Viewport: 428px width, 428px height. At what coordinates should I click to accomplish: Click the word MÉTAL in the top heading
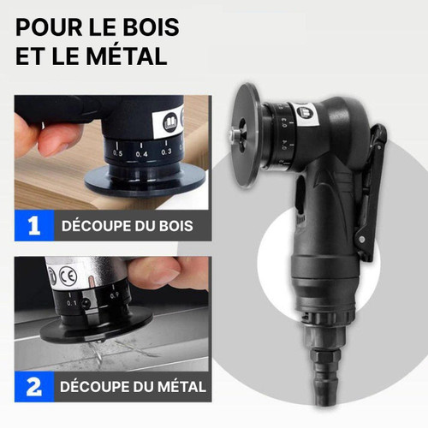[x=127, y=56]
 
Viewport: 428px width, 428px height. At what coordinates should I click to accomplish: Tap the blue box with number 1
[x=34, y=226]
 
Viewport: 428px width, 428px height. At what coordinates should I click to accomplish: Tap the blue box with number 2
[x=34, y=387]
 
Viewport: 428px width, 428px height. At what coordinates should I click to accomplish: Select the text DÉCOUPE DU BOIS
[x=128, y=226]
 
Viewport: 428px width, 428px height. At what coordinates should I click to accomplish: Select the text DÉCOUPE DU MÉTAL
[x=133, y=387]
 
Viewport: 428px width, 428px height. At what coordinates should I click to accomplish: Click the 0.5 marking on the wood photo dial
[x=117, y=153]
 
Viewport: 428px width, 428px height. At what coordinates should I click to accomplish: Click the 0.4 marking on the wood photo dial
[x=142, y=154]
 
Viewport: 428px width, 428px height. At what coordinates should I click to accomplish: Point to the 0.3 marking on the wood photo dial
[x=166, y=152]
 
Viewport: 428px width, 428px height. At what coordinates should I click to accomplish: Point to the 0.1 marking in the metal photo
[x=72, y=303]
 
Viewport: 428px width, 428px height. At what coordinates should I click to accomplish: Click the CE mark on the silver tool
[x=68, y=276]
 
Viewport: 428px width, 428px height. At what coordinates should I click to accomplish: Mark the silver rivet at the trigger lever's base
[x=362, y=239]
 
